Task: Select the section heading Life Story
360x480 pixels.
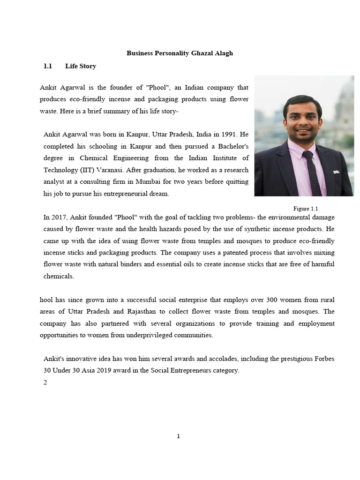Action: [x=81, y=66]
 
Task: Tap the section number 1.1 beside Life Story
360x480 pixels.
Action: [x=47, y=66]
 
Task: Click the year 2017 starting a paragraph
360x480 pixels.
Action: [x=60, y=217]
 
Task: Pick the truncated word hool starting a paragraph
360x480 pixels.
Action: [x=46, y=300]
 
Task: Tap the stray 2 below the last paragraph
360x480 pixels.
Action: [x=45, y=382]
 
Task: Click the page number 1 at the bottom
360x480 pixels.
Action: [x=178, y=436]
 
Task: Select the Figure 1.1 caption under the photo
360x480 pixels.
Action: [x=306, y=209]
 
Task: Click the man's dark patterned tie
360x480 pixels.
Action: [x=311, y=171]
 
